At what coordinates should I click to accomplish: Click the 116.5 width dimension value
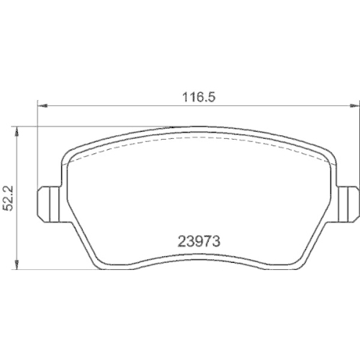coord(199,97)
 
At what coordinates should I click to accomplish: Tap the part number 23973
coord(199,241)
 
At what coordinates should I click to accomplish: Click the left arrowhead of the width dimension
coord(42,106)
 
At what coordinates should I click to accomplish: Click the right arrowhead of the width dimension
coord(352,106)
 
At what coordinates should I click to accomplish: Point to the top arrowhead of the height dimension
coord(17,131)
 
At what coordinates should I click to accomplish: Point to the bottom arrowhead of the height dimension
coord(17,264)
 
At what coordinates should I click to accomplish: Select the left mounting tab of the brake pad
coord(48,204)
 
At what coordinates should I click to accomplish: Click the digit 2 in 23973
coord(181,241)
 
